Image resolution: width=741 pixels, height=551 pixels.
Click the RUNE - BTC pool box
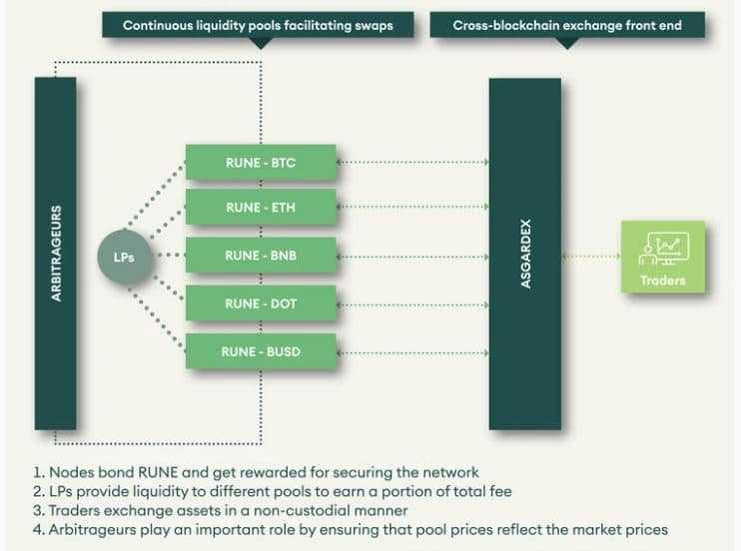pos(261,161)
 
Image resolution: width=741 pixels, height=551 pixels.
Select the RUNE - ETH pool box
pos(261,208)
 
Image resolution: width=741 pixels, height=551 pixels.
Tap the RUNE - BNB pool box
pos(261,256)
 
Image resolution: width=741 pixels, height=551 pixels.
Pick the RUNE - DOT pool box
pos(261,302)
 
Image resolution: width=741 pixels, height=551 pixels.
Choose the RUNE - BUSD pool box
pos(261,350)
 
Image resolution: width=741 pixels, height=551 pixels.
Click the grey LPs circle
pos(124,257)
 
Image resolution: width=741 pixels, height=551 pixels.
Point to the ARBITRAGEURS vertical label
pos(56,254)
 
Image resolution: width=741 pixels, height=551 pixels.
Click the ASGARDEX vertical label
pos(525,255)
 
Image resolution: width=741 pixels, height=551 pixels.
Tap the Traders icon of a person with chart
pos(662,248)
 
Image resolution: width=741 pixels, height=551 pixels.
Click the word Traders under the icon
pos(663,280)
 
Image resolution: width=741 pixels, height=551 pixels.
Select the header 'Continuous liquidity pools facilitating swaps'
pos(258,24)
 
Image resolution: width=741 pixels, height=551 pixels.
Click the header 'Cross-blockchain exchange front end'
pos(567,24)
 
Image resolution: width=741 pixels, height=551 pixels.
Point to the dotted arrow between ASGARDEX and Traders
pos(591,257)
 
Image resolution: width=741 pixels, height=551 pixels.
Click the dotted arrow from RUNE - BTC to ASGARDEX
pos(412,161)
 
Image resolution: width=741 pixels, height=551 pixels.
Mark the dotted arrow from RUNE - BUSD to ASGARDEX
pos(412,350)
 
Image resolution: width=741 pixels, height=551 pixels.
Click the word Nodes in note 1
pos(72,472)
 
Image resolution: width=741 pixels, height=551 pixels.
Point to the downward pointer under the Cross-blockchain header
pos(567,43)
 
